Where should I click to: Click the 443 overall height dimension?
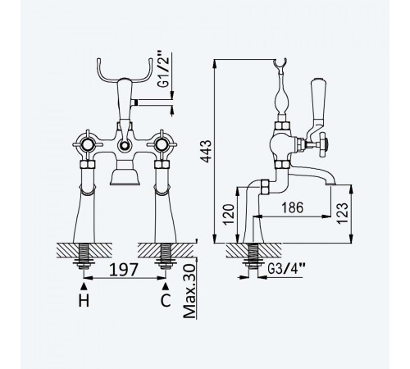(206, 151)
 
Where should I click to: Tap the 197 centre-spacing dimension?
(124, 270)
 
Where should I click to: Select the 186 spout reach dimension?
(293, 207)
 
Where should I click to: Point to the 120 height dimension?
(229, 214)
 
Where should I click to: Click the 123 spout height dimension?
(342, 213)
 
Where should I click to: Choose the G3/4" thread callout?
(286, 268)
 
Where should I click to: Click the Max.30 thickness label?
(189, 292)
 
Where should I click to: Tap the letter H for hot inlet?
(84, 301)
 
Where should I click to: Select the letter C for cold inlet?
(166, 301)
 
